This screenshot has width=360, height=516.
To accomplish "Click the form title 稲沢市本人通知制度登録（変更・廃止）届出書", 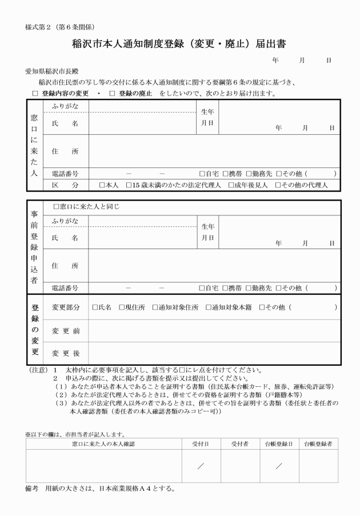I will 179,44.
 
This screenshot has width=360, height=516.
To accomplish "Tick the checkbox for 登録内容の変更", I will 35,93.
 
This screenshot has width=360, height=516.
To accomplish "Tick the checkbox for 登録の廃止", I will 112,93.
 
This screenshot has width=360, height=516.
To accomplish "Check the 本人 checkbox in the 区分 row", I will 102,185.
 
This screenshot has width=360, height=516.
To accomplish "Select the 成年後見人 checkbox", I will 231,185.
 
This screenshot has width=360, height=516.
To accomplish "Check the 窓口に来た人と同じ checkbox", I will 55,206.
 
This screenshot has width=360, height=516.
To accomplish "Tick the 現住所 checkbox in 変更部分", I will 122,307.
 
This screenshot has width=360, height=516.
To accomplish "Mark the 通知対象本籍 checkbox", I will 207,307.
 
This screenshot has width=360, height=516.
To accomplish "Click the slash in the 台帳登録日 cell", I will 278,466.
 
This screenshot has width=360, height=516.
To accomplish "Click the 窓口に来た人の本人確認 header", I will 103,443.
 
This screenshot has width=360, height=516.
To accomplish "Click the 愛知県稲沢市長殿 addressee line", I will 50,73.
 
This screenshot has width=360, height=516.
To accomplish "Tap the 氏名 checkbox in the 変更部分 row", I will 95,307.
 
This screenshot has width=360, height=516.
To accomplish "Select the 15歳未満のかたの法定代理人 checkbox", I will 128,185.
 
